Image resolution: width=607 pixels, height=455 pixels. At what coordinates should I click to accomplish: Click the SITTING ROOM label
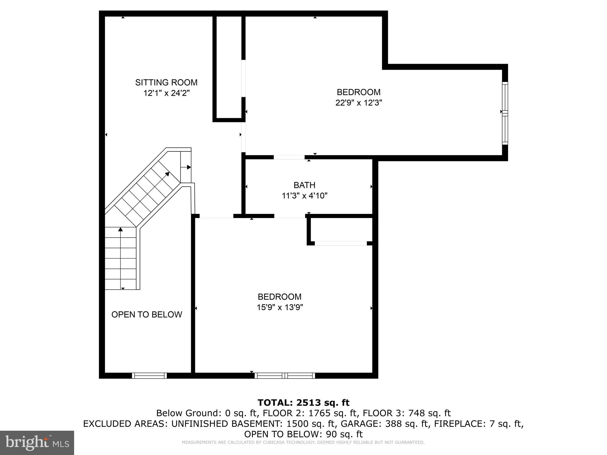[166, 82]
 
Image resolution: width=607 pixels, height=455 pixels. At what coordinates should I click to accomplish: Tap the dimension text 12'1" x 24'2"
[166, 93]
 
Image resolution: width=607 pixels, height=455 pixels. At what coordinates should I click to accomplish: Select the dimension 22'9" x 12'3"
[359, 103]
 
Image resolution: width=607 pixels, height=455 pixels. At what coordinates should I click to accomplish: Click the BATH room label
[304, 185]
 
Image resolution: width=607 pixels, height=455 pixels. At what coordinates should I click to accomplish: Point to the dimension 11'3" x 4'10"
[304, 196]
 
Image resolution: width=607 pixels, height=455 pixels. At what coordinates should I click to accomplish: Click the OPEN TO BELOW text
[147, 315]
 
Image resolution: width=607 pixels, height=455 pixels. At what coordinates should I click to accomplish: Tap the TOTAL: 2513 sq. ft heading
[303, 403]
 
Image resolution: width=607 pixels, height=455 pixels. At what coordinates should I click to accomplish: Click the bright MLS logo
[37, 443]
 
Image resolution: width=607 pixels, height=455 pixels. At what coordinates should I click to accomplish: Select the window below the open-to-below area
[149, 376]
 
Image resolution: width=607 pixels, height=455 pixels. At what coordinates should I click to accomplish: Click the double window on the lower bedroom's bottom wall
[285, 376]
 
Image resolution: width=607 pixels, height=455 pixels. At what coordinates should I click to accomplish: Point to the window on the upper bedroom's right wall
[505, 113]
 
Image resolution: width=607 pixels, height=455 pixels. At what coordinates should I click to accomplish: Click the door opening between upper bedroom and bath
[289, 157]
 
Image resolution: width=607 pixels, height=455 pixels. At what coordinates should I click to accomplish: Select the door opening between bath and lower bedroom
[290, 216]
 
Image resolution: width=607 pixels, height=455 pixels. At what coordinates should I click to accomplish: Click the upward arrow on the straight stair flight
[120, 229]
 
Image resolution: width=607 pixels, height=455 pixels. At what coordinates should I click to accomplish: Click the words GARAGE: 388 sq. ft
[384, 424]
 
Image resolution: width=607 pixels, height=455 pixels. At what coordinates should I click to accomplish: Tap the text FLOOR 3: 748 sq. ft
[407, 413]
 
